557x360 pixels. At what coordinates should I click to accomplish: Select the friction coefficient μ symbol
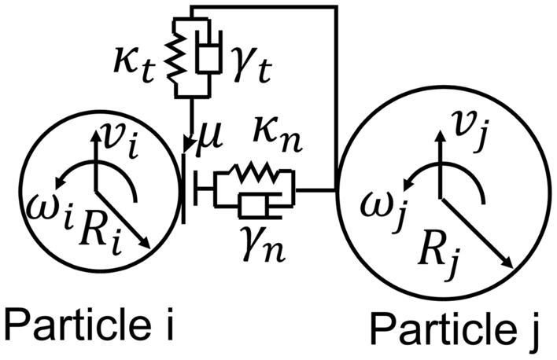pos(208,141)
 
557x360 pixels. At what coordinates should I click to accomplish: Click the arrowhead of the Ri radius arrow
pos(146,250)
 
